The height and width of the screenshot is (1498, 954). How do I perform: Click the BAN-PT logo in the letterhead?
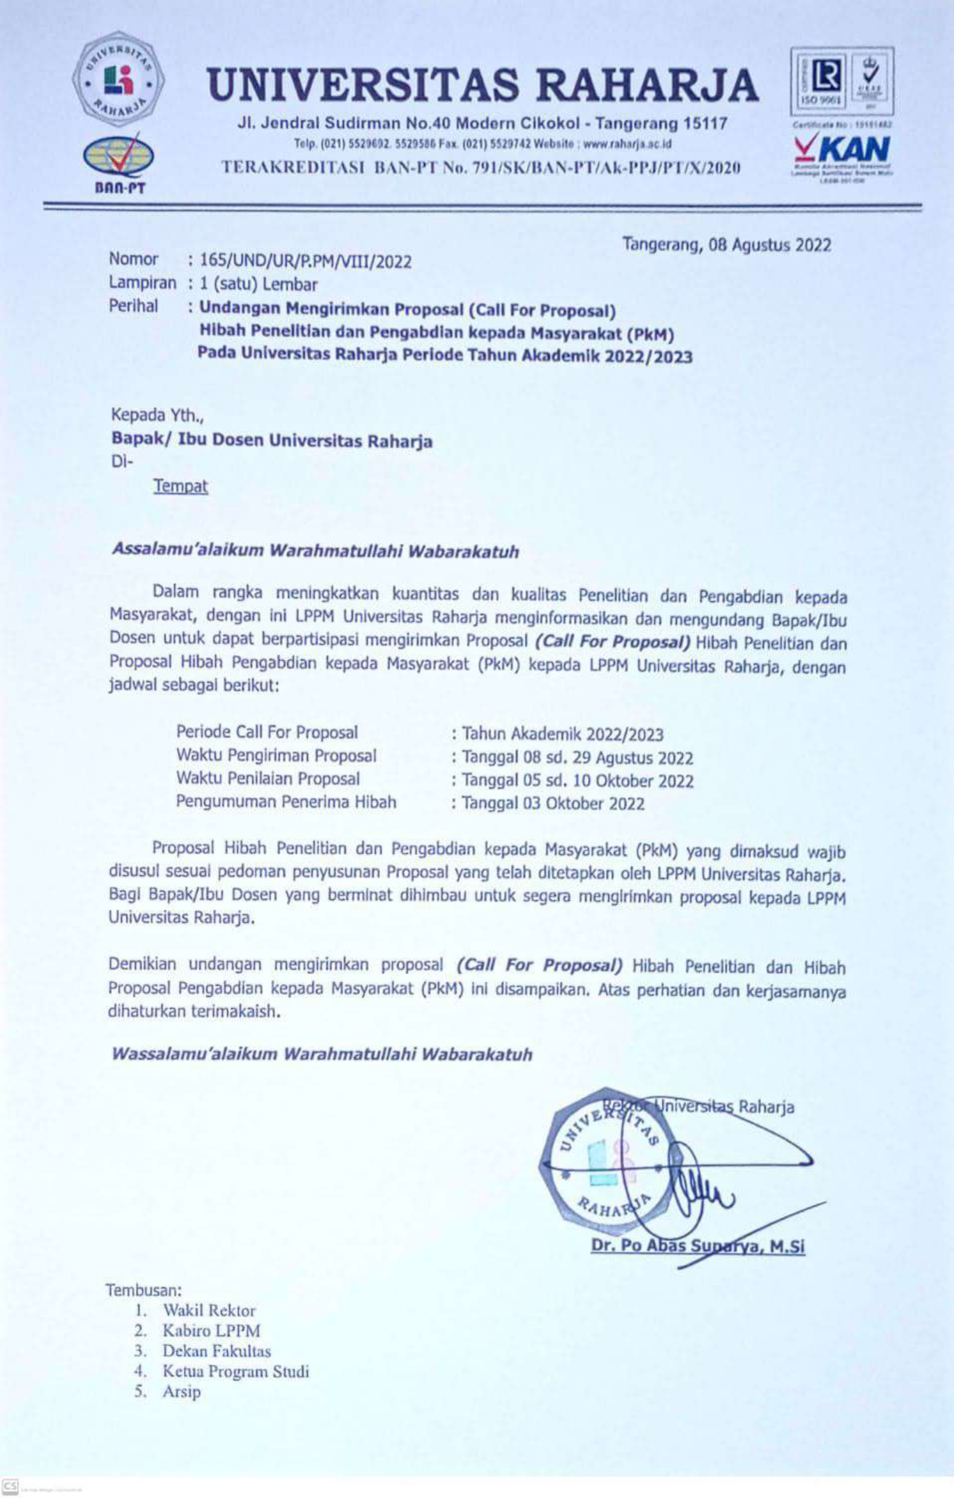click(118, 163)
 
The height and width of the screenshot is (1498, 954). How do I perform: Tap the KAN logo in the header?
click(841, 151)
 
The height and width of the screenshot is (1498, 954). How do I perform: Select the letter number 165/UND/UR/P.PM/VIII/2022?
click(306, 261)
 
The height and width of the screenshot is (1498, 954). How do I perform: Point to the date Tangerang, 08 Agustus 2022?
click(727, 245)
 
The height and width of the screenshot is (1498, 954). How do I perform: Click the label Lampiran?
click(142, 283)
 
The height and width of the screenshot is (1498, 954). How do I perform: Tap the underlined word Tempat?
click(180, 486)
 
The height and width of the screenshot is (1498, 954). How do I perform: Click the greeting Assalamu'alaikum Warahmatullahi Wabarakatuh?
click(315, 550)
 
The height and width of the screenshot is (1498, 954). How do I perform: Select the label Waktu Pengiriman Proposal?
click(276, 756)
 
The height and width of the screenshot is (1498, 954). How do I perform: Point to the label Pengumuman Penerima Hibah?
click(285, 802)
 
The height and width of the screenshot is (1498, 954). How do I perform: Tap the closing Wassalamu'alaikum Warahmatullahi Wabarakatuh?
click(321, 1053)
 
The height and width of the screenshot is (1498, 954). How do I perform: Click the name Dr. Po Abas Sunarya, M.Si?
click(697, 1246)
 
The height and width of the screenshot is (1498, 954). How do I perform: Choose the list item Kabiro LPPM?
click(211, 1331)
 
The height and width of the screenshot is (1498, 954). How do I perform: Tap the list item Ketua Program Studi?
click(235, 1372)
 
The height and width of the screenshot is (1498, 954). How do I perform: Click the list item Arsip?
click(181, 1392)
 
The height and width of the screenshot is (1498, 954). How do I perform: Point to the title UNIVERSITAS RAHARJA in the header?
click(482, 86)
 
